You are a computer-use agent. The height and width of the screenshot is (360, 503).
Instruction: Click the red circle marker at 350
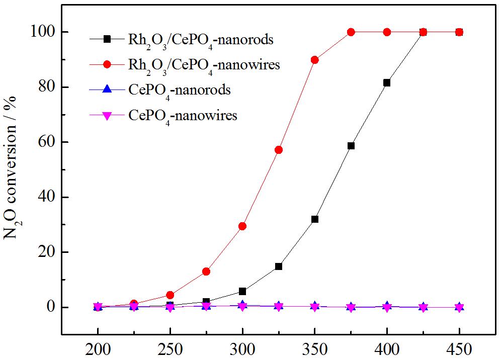coord(315,60)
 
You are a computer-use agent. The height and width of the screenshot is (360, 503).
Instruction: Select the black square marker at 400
coord(387,82)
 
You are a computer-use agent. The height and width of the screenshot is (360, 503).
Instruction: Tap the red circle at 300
coord(242,226)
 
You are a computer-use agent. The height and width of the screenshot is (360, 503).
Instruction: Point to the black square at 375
coord(351,146)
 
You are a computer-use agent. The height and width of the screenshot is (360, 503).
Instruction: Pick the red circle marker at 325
coord(279,150)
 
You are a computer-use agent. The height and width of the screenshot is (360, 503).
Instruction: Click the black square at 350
coord(315,219)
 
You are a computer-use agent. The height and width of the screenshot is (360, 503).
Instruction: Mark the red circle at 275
coord(206,272)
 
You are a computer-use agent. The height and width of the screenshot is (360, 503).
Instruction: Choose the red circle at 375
coord(351,32)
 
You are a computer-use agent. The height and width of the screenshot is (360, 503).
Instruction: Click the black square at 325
coord(279,266)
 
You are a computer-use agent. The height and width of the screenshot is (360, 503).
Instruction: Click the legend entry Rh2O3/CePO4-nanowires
coord(204,65)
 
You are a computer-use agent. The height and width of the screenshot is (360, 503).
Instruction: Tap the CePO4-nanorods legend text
coord(180,91)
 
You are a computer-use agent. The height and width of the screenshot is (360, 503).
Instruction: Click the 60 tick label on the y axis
coord(46,142)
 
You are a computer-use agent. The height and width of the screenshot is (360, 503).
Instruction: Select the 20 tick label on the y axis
coord(46,252)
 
